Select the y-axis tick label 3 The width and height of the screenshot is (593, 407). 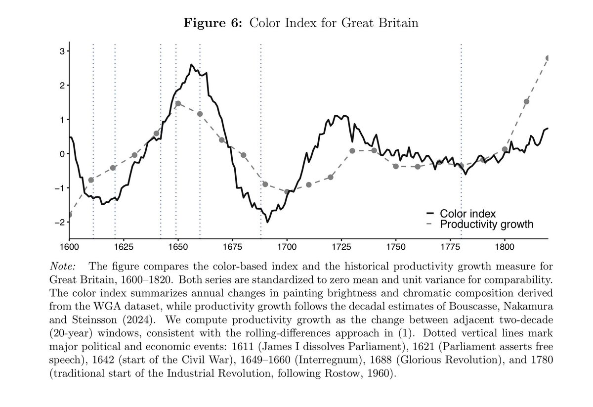(x=61, y=51)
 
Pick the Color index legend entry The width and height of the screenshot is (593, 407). (x=467, y=214)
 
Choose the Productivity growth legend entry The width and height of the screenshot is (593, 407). (x=486, y=225)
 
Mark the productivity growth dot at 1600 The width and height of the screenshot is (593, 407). (x=70, y=215)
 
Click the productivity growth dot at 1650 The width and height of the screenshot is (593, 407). (x=178, y=104)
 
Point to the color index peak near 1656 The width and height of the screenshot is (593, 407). (x=191, y=65)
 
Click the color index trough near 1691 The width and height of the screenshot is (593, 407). (x=268, y=222)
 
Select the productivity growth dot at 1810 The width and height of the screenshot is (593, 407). (x=526, y=101)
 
